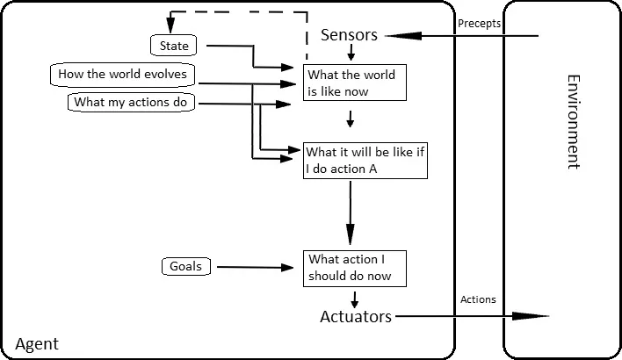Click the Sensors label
tap(349, 35)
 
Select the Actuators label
tap(356, 317)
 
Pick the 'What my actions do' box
tap(132, 103)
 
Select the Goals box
tap(186, 266)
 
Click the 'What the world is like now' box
tap(355, 83)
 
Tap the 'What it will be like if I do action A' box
tap(365, 161)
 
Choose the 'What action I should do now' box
tap(355, 268)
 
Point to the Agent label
tap(37, 344)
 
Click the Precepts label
tap(479, 24)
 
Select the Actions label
tap(478, 299)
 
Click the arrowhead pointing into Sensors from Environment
tap(392, 36)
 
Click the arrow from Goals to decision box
tap(255, 268)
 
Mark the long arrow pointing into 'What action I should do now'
tap(351, 220)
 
